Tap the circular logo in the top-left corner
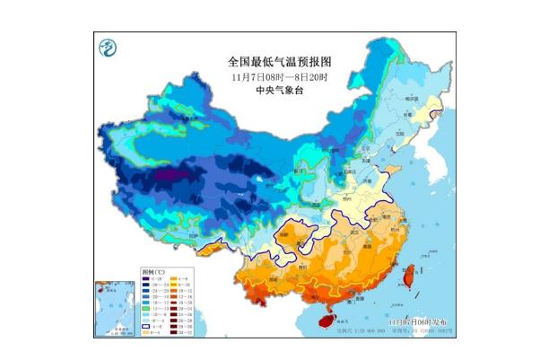[x=109, y=48]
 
